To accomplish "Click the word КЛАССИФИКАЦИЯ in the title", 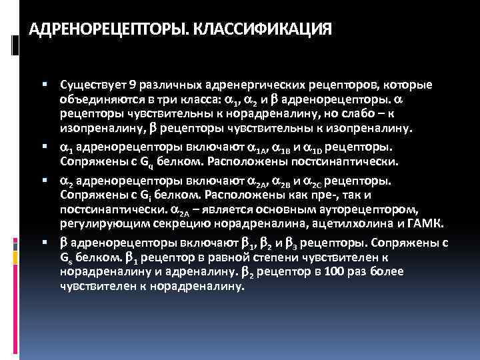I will point(267,30).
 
